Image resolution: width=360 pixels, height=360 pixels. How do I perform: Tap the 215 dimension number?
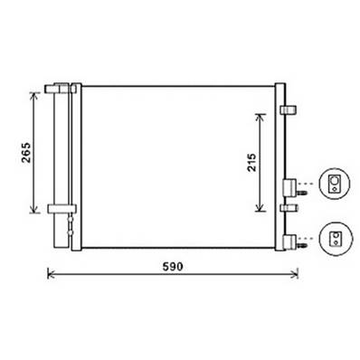tap(251, 162)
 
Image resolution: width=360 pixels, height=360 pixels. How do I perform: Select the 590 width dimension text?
tap(174, 267)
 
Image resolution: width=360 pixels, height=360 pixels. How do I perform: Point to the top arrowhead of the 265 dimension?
tap(38, 93)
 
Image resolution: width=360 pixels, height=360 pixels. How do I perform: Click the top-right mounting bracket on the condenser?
tap(290, 109)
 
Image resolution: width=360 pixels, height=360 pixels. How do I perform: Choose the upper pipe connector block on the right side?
tap(289, 187)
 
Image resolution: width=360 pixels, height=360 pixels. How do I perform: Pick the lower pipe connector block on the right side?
tap(289, 240)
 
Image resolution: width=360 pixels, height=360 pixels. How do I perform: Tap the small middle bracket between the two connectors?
tap(289, 209)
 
